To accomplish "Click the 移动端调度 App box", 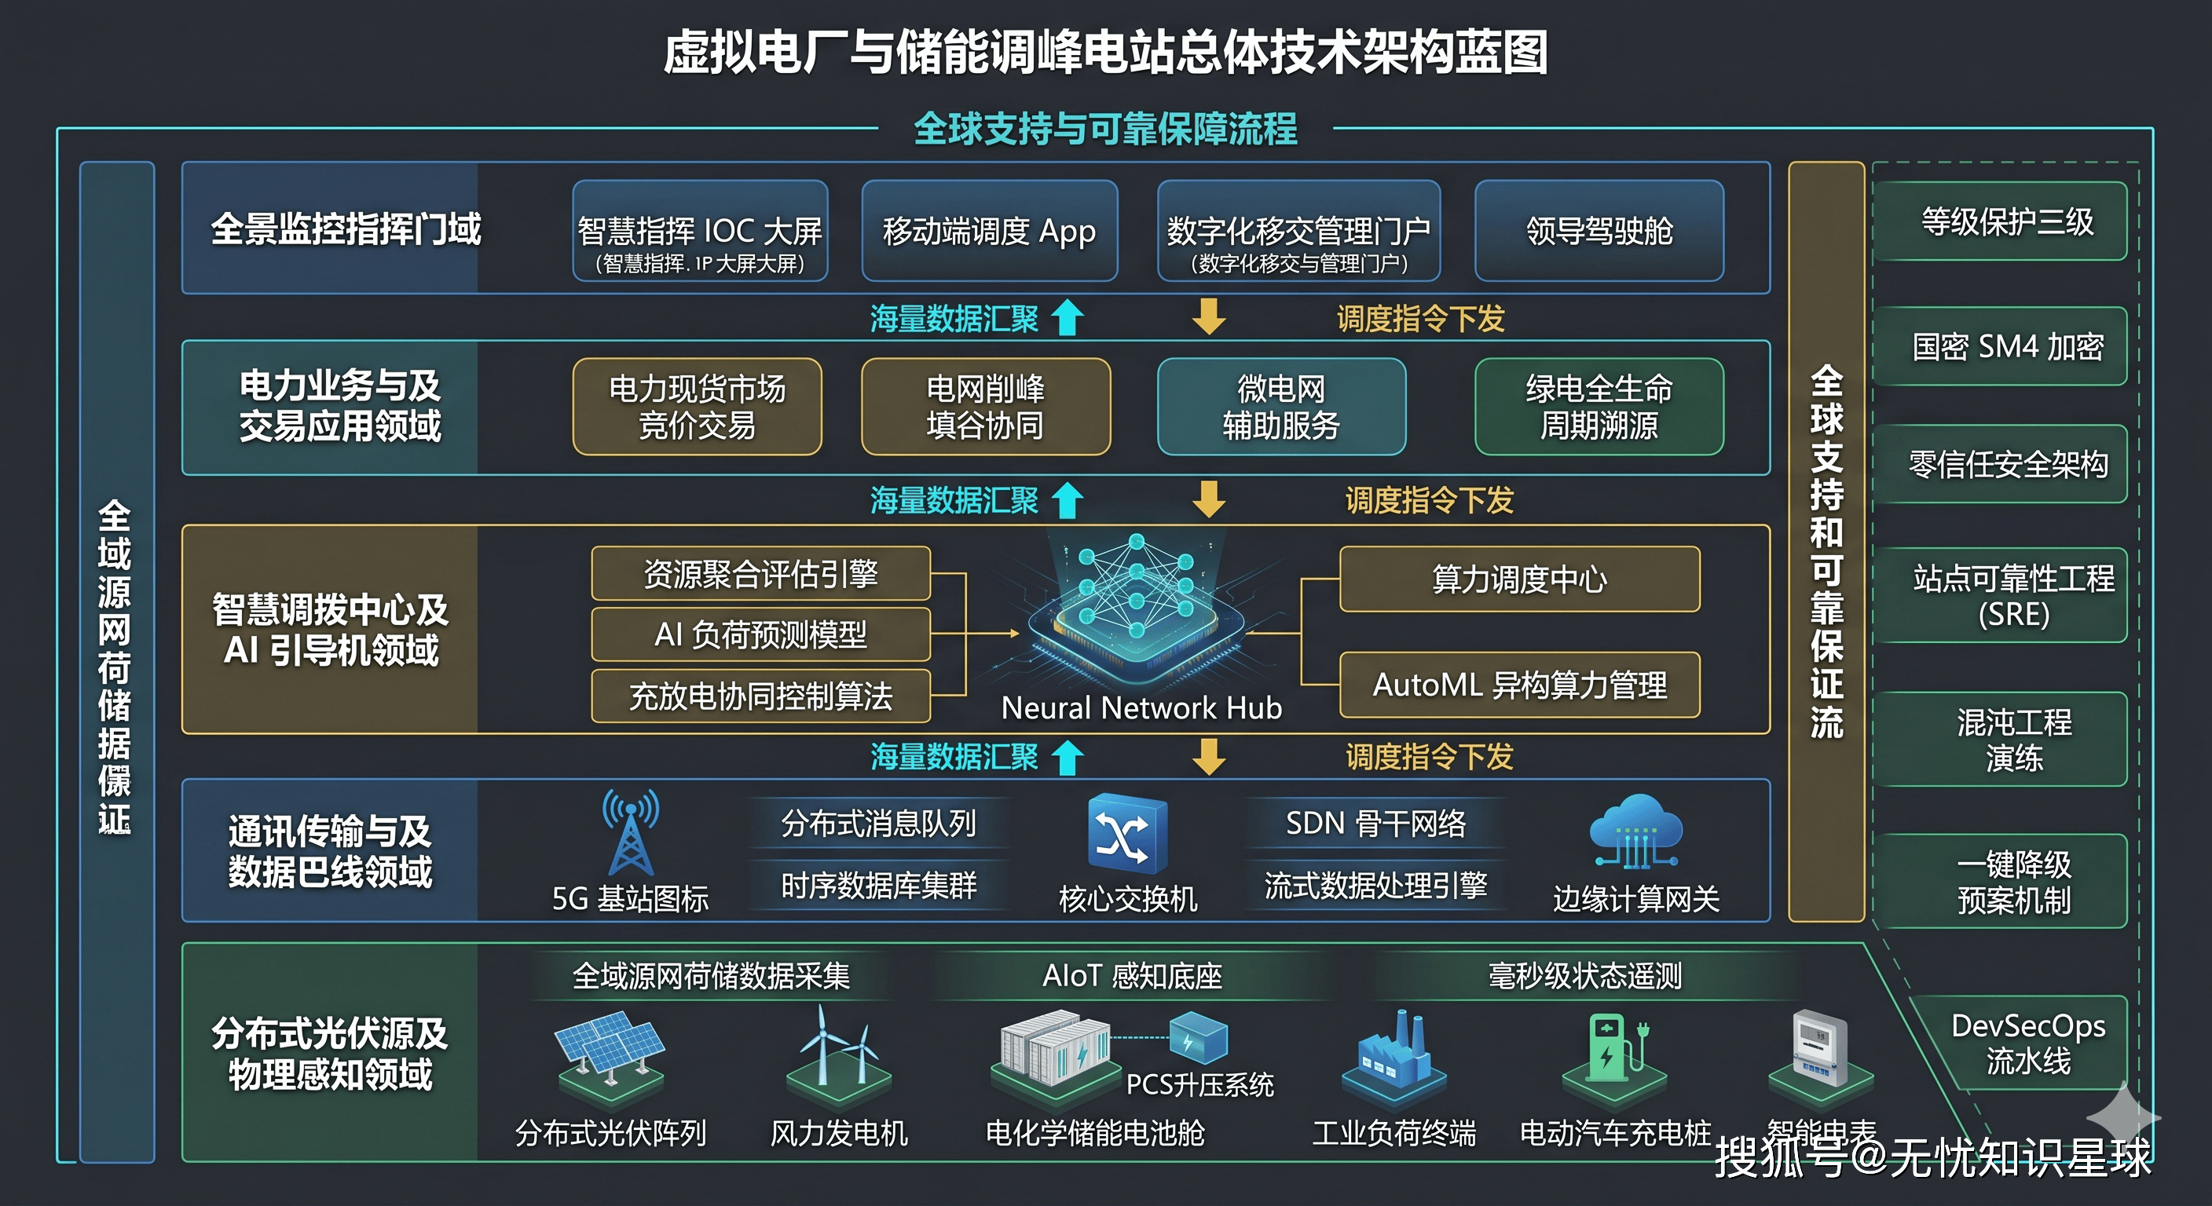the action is click(x=989, y=230).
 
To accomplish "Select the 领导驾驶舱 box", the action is click(x=1599, y=230).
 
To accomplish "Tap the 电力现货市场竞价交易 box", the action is click(x=698, y=407).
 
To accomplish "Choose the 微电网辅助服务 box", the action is click(x=1281, y=407).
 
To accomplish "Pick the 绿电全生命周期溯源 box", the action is click(x=1599, y=407).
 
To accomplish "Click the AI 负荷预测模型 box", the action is click(x=761, y=634).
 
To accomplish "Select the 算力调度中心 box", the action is click(x=1519, y=579).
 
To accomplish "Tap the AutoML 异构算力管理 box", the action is click(x=1519, y=685).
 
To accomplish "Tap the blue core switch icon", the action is click(x=1126, y=832).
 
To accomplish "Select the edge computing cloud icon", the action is click(x=1635, y=831).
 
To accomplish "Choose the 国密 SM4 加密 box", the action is click(x=2007, y=347).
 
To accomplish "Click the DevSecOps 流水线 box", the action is click(x=2027, y=1043).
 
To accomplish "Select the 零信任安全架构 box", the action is click(x=2007, y=464).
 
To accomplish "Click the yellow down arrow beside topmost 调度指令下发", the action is click(x=1209, y=316).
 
